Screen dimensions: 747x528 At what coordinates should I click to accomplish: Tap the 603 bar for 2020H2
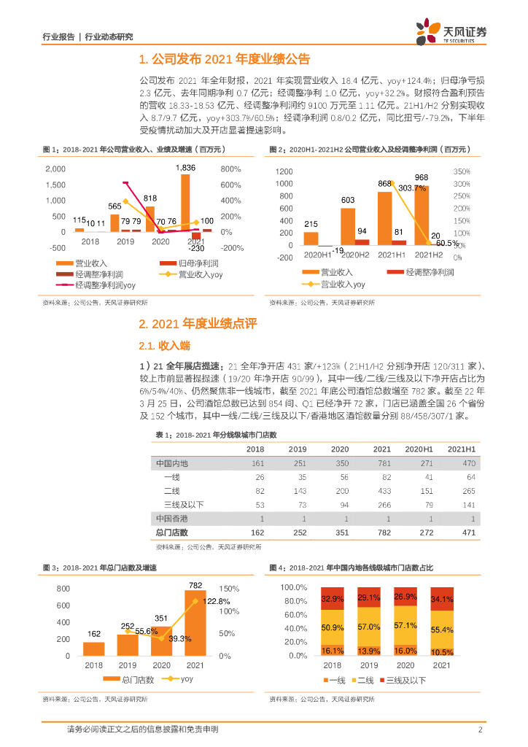click(x=349, y=226)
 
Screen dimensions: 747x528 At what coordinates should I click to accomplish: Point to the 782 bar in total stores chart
click(x=195, y=623)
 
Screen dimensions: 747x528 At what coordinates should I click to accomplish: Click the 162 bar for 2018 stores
click(x=94, y=649)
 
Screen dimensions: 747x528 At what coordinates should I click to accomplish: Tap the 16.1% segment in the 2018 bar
click(x=333, y=650)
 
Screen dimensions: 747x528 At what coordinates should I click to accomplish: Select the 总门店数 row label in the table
click(x=172, y=533)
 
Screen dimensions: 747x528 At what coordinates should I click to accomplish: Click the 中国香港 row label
click(x=172, y=519)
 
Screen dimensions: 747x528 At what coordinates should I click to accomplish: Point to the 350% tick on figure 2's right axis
click(x=461, y=171)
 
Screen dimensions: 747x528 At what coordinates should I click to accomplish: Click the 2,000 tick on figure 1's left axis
click(x=55, y=169)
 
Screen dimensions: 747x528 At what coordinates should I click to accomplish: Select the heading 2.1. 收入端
click(x=165, y=344)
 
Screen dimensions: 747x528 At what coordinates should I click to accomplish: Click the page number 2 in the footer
click(x=480, y=729)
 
